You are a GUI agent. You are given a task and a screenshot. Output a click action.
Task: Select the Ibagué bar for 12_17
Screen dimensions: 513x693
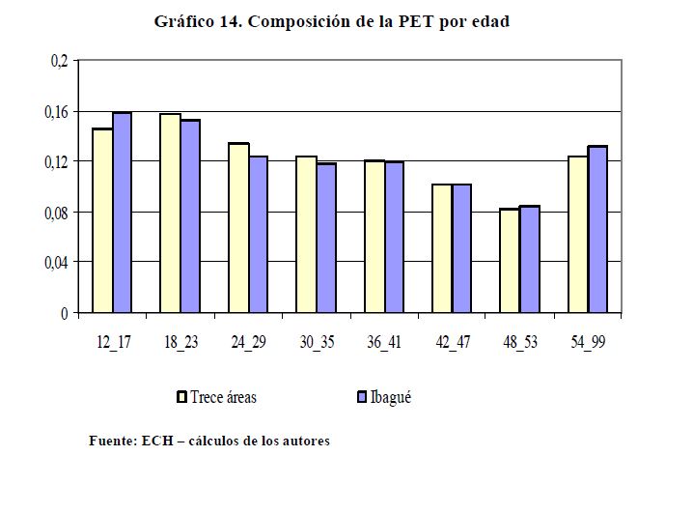122,213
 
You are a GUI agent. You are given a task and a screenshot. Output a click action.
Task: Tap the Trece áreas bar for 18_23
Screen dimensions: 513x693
170,214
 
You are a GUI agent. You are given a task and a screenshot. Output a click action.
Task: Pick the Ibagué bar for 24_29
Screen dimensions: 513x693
258,235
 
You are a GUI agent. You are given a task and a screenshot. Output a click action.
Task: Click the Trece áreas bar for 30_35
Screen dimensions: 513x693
305,235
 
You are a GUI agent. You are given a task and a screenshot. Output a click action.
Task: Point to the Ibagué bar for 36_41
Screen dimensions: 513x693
394,238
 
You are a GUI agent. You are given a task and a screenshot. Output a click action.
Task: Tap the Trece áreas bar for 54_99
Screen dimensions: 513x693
577,235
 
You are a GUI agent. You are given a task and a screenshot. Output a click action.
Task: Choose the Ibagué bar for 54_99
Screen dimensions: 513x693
597,230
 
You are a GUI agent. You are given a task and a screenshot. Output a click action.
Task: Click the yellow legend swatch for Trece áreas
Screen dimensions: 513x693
181,397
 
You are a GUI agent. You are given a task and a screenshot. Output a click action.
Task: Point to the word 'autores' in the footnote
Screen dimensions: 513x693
306,442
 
